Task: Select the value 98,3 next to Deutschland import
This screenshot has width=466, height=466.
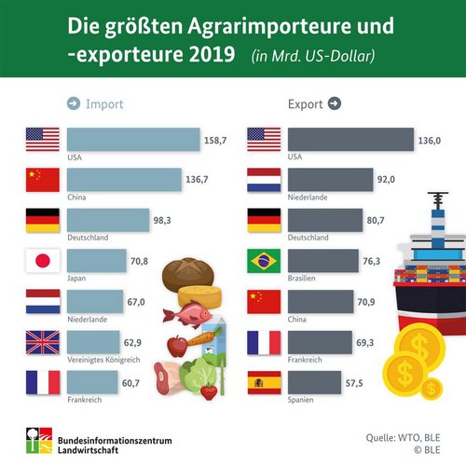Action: pos(162,218)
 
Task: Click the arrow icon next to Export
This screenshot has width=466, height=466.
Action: pos(335,103)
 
